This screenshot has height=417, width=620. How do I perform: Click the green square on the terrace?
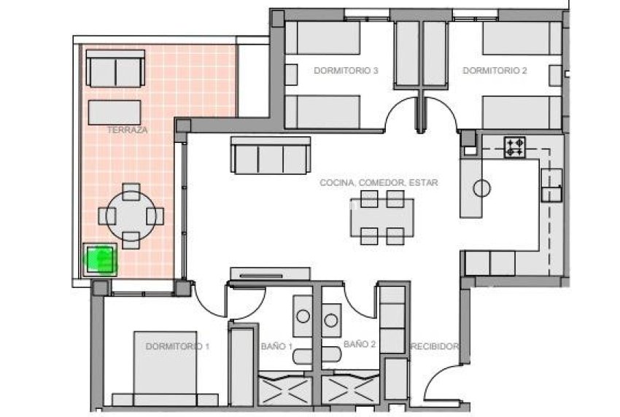pyautogui.click(x=101, y=259)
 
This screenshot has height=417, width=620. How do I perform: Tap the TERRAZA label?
pyautogui.click(x=127, y=130)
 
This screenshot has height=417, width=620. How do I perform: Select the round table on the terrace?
pyautogui.click(x=131, y=216)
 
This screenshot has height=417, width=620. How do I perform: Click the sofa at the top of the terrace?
pyautogui.click(x=115, y=69)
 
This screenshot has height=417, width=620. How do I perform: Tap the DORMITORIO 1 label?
pyautogui.click(x=177, y=346)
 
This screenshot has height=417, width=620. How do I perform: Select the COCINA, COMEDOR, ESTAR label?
pyautogui.click(x=379, y=183)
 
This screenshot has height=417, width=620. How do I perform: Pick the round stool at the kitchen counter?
pyautogui.click(x=481, y=188)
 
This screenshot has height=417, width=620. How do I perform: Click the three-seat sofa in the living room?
pyautogui.click(x=268, y=155)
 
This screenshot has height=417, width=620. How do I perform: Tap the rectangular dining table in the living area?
pyautogui.click(x=381, y=217)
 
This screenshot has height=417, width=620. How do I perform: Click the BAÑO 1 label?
pyautogui.click(x=276, y=346)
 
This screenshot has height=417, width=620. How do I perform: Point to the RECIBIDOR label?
pyautogui.click(x=435, y=346)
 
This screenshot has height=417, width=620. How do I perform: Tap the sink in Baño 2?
pyautogui.click(x=332, y=319)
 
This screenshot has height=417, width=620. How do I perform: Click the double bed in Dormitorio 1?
pyautogui.click(x=165, y=368)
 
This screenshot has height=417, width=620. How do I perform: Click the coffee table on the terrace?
pyautogui.click(x=115, y=112)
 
